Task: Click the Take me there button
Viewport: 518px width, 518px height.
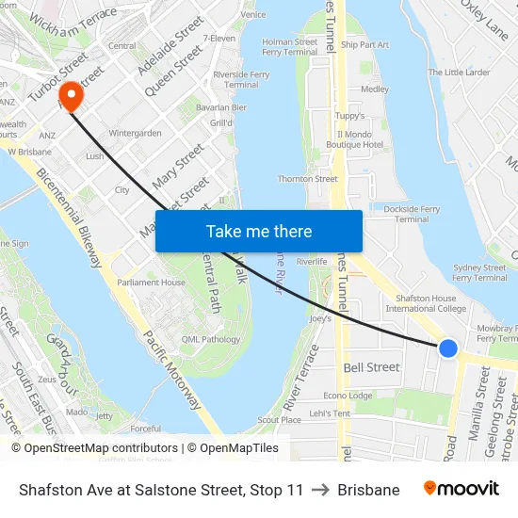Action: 259,232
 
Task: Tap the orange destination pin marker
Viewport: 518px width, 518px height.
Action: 72,97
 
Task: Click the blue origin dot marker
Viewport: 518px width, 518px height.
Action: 448,348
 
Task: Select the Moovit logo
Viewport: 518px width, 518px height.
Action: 461,489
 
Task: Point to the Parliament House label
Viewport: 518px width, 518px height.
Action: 151,283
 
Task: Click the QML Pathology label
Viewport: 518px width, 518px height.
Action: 211,340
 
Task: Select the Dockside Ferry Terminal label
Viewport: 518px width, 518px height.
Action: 412,214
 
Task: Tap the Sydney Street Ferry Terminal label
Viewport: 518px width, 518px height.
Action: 479,273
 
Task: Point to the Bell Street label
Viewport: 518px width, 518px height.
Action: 371,367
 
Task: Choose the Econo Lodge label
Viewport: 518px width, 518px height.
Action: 348,396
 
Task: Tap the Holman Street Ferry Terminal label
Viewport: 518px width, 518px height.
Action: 289,47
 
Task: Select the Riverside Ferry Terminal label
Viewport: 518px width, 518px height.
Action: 241,79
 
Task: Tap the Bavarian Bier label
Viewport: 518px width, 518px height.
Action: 221,107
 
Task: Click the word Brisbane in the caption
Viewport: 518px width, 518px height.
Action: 368,490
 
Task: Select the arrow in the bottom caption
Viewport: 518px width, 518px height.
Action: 320,490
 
